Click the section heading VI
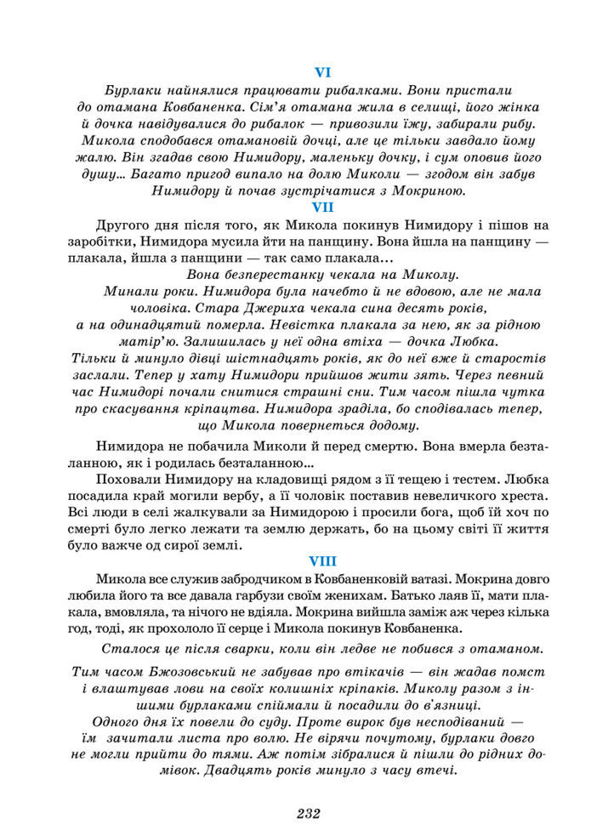click(x=323, y=71)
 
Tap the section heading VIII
click(x=323, y=560)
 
